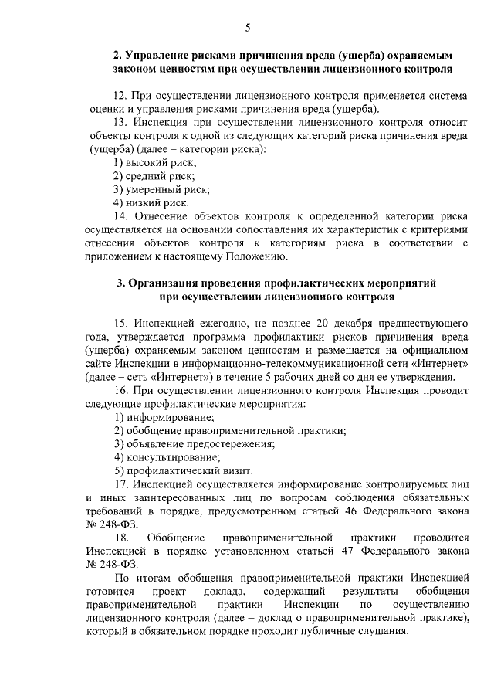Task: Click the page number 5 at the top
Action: pyautogui.click(x=248, y=29)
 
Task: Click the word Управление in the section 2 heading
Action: pyautogui.click(x=152, y=56)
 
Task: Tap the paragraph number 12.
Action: pyautogui.click(x=120, y=96)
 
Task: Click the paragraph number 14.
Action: pyautogui.click(x=120, y=215)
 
